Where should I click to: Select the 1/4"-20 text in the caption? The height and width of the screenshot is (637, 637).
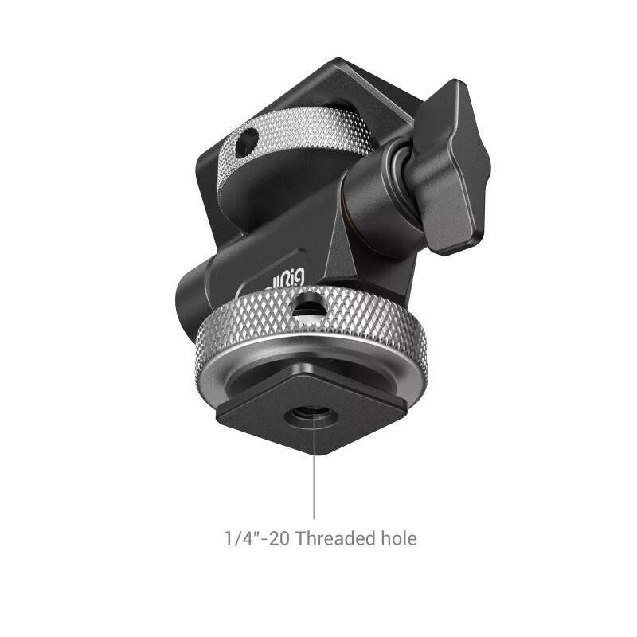pyautogui.click(x=257, y=539)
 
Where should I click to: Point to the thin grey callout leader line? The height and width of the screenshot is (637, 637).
pyautogui.click(x=314, y=478)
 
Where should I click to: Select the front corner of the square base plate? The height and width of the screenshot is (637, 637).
pyautogui.click(x=319, y=451)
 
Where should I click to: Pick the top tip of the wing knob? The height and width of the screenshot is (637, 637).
pyautogui.click(x=455, y=84)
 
